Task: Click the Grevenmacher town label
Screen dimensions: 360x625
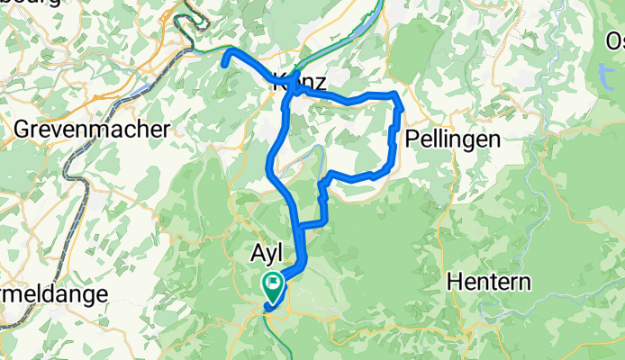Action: coord(92,129)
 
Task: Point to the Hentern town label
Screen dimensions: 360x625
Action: coord(489,282)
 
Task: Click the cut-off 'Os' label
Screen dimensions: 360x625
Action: coord(614,41)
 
